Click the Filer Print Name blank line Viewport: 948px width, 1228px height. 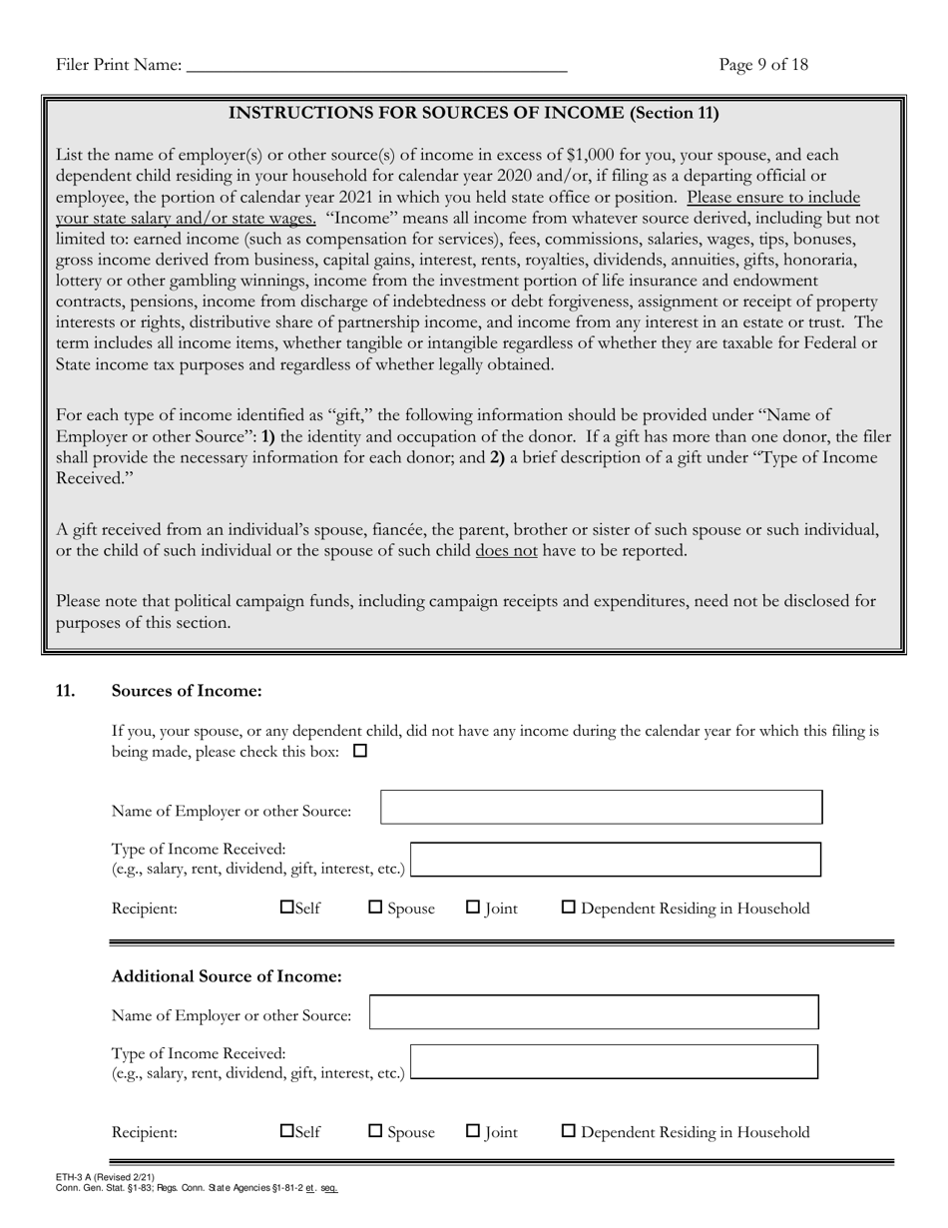pyautogui.click(x=376, y=66)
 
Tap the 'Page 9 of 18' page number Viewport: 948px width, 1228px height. pyautogui.click(x=763, y=65)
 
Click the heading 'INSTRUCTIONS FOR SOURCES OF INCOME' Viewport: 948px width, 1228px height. pyautogui.click(x=474, y=113)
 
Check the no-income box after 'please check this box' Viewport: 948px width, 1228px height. pyautogui.click(x=360, y=751)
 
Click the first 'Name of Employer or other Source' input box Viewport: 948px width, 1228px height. pyautogui.click(x=602, y=808)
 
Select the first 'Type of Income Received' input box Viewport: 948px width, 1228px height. pyautogui.click(x=616, y=860)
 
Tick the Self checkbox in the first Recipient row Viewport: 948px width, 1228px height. pyautogui.click(x=287, y=908)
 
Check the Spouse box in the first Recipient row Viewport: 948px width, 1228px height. pyautogui.click(x=376, y=908)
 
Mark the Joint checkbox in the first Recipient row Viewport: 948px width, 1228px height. pyautogui.click(x=474, y=908)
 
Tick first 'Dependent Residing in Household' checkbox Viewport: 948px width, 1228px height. pyautogui.click(x=569, y=908)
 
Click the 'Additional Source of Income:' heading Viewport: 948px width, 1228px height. pyautogui.click(x=227, y=975)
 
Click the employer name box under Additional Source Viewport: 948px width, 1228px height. pyautogui.click(x=594, y=1012)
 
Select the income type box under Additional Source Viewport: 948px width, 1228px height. pyautogui.click(x=615, y=1062)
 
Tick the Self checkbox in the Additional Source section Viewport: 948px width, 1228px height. pyautogui.click(x=287, y=1131)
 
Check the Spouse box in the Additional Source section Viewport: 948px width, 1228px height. pyautogui.click(x=376, y=1131)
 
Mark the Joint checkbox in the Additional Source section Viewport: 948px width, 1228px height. pyautogui.click(x=474, y=1131)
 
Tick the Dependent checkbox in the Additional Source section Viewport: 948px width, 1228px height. pyautogui.click(x=569, y=1131)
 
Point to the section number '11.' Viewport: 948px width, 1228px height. pyautogui.click(x=66, y=691)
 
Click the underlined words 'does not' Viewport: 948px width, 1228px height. pyautogui.click(x=506, y=550)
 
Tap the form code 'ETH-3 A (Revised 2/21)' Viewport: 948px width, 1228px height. pyautogui.click(x=106, y=1178)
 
